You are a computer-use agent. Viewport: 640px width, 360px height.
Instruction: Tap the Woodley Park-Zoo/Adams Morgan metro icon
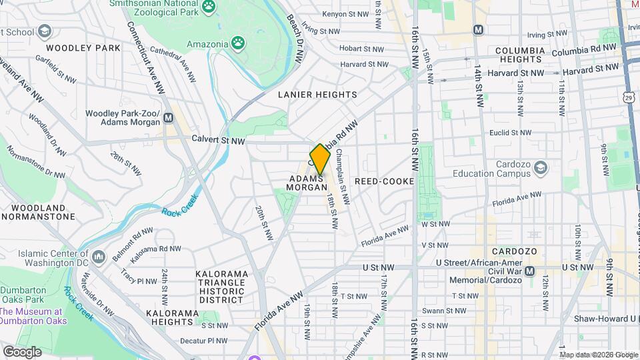pyautogui.click(x=169, y=117)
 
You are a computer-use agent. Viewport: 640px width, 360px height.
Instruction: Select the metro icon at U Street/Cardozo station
pyautogui.click(x=530, y=271)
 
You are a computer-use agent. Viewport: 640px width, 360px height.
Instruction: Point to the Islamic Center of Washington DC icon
pyautogui.click(x=99, y=257)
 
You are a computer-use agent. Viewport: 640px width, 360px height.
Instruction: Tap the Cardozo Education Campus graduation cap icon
pyautogui.click(x=541, y=167)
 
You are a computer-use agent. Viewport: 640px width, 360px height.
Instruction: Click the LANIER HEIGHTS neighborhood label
pyautogui.click(x=317, y=95)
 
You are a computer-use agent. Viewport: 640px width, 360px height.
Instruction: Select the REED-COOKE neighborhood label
pyautogui.click(x=384, y=181)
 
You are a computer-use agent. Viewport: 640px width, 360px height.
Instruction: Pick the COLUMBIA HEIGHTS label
pyautogui.click(x=520, y=55)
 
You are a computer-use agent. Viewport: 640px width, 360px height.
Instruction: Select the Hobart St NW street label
pyautogui.click(x=362, y=49)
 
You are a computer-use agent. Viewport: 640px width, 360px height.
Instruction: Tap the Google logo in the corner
pyautogui.click(x=22, y=351)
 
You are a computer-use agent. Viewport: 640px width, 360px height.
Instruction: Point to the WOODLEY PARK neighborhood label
pyautogui.click(x=83, y=48)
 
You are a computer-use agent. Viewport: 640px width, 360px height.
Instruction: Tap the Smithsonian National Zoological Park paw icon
pyautogui.click(x=209, y=7)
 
